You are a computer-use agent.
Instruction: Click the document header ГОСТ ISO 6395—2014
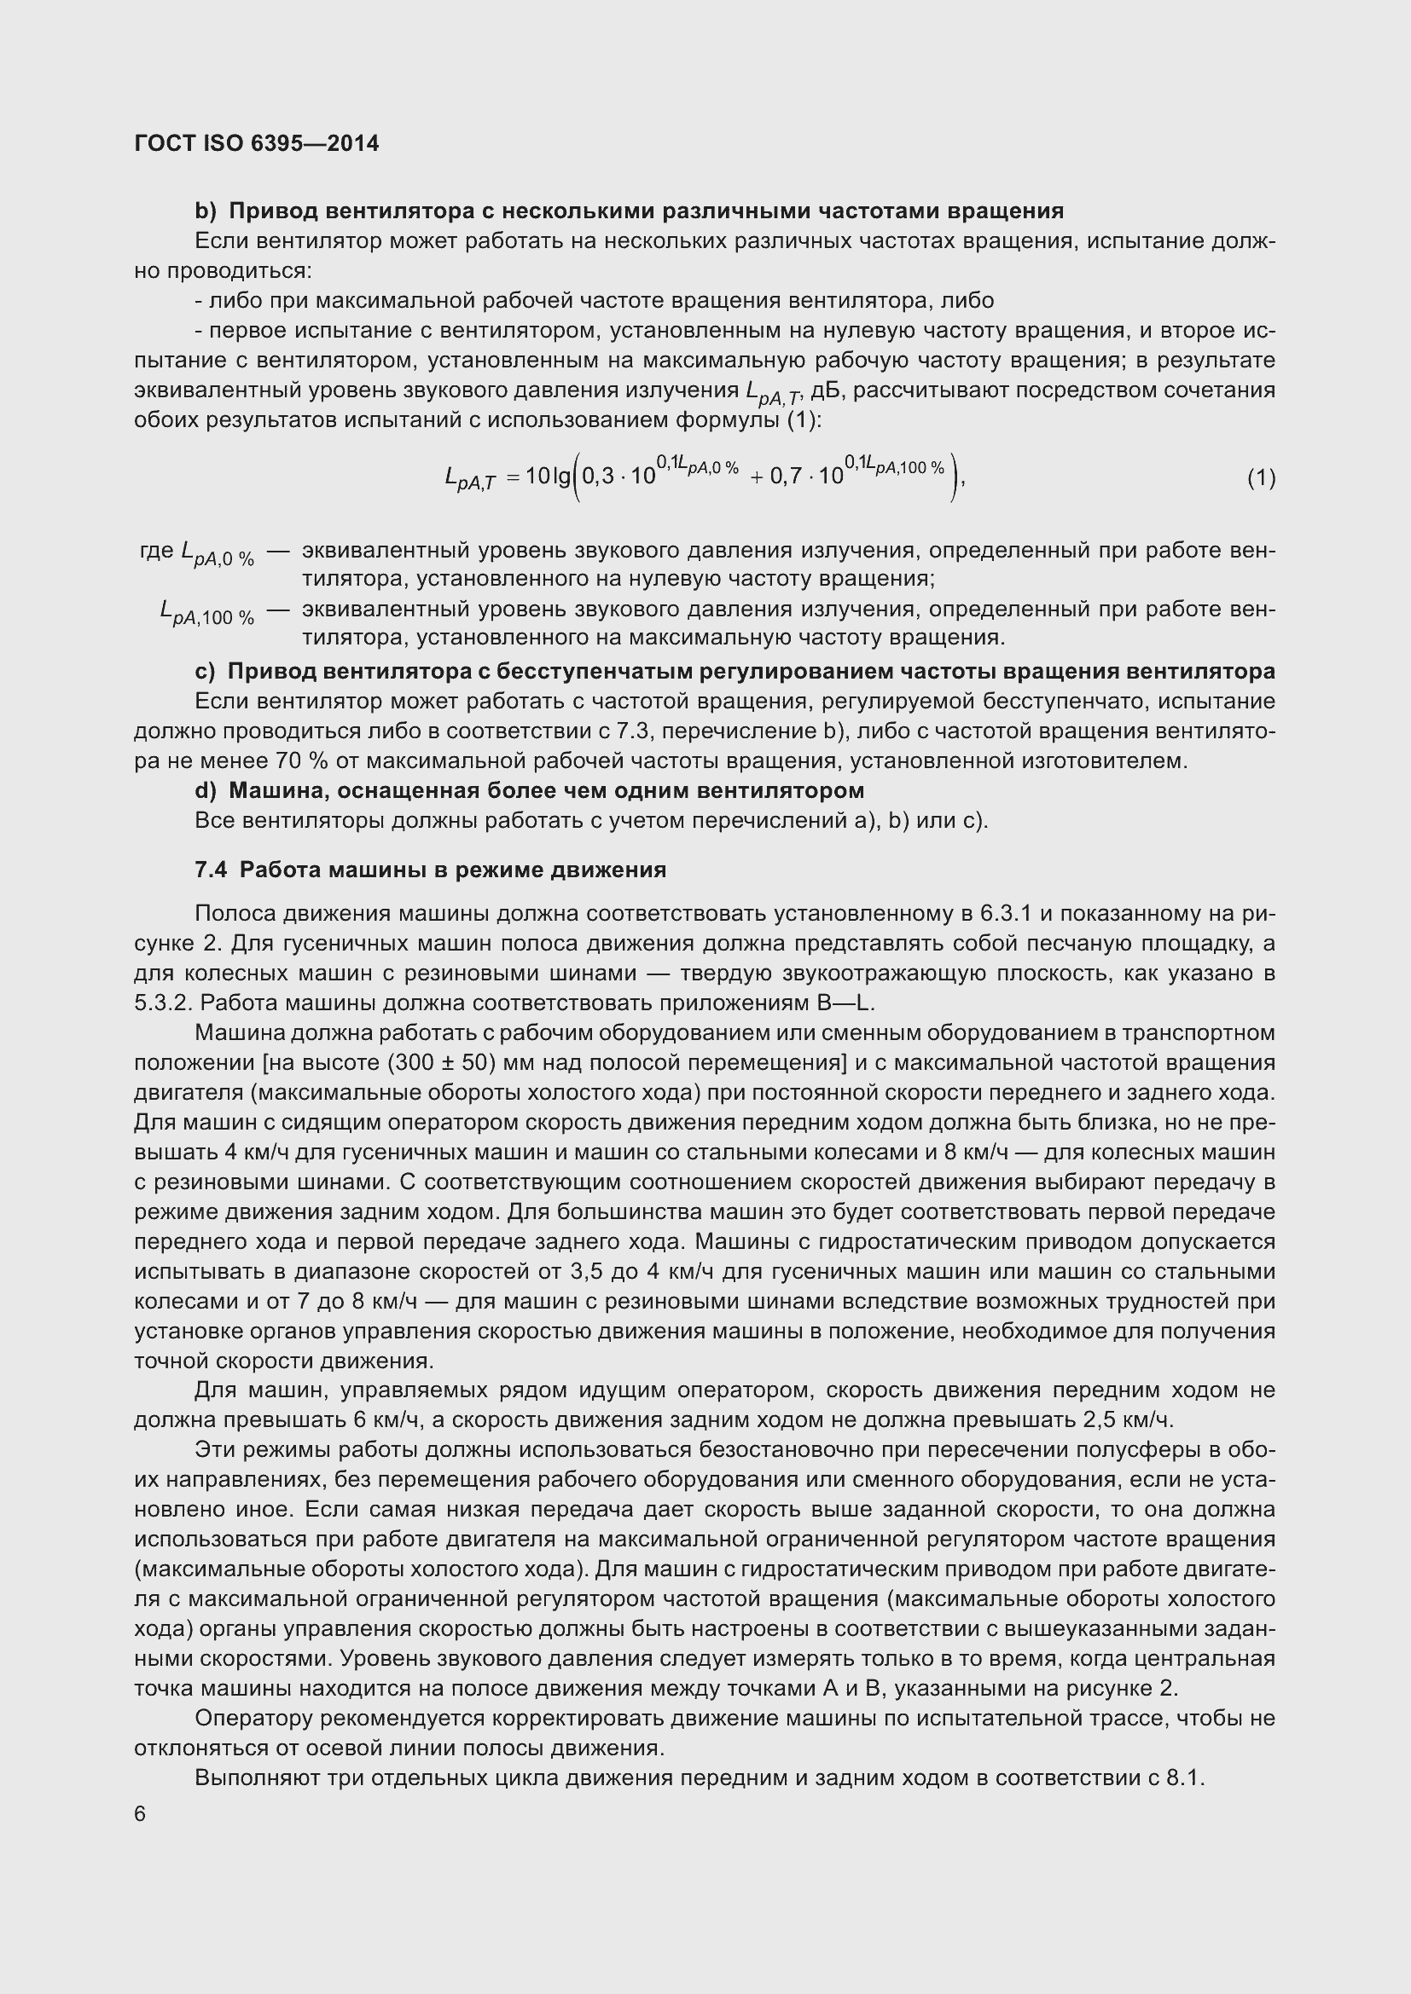(x=256, y=143)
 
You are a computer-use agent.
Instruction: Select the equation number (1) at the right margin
(x=1261, y=477)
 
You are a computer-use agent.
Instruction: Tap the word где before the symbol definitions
(x=157, y=551)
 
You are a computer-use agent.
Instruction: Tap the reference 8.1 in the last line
(x=1183, y=1777)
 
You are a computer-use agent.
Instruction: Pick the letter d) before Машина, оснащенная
(x=205, y=790)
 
